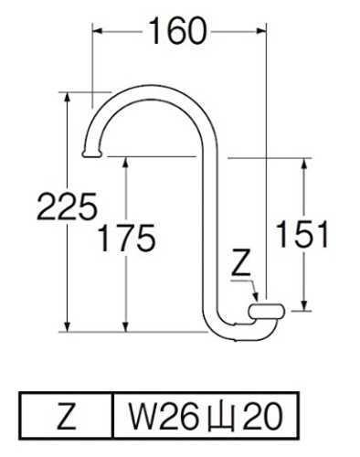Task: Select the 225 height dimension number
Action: click(67, 207)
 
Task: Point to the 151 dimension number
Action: click(302, 234)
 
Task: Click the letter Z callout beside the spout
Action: click(240, 262)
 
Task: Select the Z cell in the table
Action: click(67, 416)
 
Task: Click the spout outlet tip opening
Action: click(91, 154)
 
